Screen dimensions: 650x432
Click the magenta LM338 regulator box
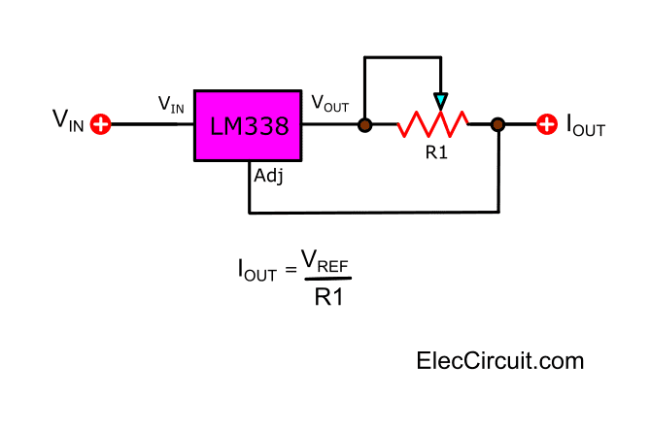248,125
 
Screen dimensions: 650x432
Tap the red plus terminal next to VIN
101,124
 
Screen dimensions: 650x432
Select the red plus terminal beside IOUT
547,124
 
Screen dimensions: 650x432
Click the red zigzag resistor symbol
433,124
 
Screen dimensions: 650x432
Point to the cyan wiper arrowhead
441,101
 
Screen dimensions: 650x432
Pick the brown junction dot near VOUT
364,125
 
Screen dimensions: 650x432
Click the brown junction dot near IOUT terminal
497,124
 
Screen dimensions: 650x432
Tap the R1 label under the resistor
436,152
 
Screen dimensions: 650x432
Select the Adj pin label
268,176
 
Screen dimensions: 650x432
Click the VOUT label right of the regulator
330,103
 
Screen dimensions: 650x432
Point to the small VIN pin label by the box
171,104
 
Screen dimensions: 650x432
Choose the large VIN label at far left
68,120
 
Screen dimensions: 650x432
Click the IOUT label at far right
586,124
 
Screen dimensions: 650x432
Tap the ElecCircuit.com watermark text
500,361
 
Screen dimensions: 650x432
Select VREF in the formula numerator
325,261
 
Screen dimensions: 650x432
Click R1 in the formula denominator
329,296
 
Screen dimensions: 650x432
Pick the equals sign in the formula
291,269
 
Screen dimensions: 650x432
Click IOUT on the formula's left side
257,270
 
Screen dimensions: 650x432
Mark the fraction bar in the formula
327,279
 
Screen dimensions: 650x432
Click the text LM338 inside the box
249,126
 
